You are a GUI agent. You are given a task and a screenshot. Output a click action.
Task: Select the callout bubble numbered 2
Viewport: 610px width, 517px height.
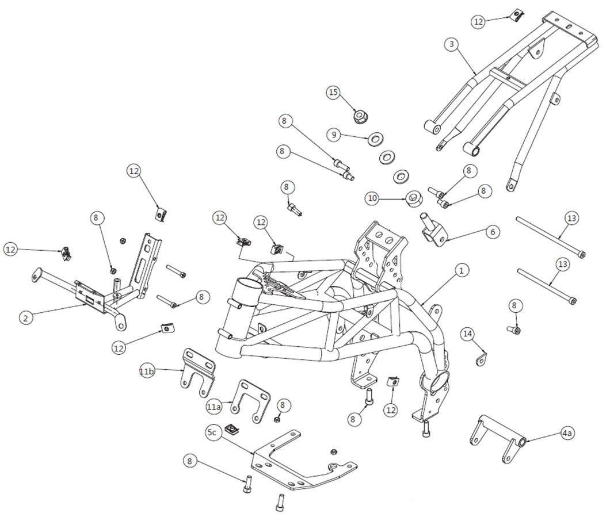click(x=25, y=317)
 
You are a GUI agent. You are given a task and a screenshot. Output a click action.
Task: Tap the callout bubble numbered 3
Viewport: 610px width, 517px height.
click(x=452, y=44)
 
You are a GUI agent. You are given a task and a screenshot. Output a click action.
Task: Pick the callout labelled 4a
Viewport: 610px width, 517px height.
click(x=567, y=432)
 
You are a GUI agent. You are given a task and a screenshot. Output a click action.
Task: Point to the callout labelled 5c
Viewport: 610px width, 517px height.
click(x=212, y=431)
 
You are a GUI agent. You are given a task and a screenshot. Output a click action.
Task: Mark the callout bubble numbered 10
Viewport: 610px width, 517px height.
click(x=372, y=198)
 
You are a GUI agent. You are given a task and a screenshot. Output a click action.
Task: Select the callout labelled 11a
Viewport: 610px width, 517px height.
click(x=213, y=407)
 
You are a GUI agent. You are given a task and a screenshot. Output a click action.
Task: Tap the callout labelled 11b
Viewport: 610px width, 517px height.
click(x=147, y=372)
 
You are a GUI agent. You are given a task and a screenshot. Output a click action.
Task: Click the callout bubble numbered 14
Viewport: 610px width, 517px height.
click(x=468, y=334)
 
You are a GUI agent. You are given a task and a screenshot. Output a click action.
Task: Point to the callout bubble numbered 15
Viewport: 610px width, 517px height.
click(x=334, y=93)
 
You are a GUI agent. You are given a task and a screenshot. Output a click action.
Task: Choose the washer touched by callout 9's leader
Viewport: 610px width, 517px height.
click(x=378, y=139)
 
